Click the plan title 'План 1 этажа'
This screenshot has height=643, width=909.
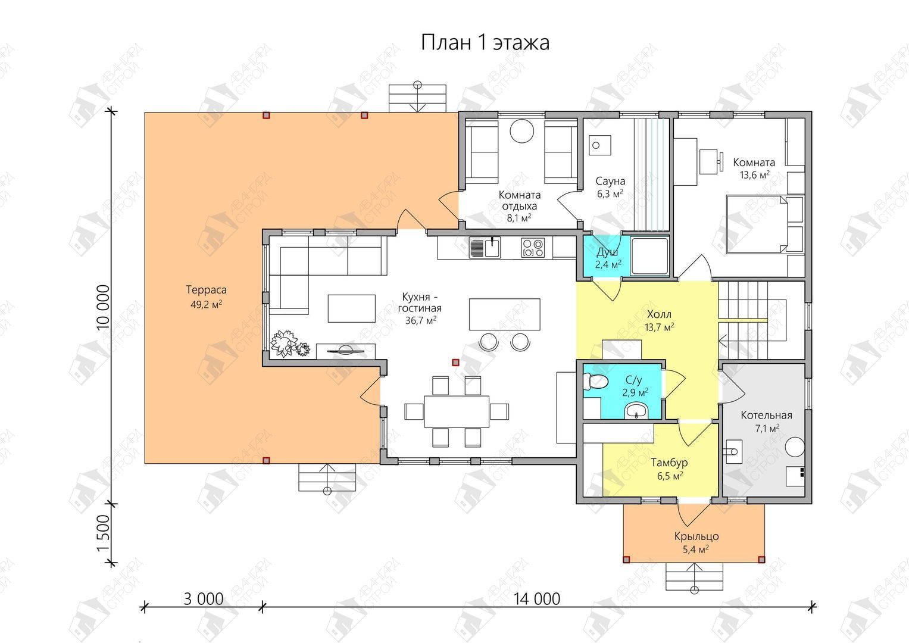click(x=485, y=43)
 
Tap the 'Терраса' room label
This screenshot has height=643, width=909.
click(x=206, y=290)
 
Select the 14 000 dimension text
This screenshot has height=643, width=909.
click(x=537, y=599)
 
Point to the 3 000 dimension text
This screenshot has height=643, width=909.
click(x=204, y=599)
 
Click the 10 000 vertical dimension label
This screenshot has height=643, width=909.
click(x=104, y=306)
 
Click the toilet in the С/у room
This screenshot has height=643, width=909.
click(x=595, y=382)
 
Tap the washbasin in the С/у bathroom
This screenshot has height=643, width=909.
click(x=638, y=411)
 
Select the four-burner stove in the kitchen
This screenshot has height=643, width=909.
click(x=533, y=248)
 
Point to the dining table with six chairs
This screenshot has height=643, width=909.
click(x=457, y=411)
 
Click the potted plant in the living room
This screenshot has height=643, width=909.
click(x=289, y=344)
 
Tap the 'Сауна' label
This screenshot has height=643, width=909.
click(x=610, y=181)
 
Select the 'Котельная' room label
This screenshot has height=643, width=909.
click(x=766, y=416)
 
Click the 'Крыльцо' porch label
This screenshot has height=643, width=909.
click(x=696, y=536)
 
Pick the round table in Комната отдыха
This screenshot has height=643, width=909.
click(x=521, y=131)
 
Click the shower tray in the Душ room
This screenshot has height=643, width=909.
click(x=649, y=256)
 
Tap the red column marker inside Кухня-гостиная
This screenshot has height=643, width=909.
click(x=456, y=362)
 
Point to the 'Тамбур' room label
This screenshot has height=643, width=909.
click(x=669, y=463)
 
